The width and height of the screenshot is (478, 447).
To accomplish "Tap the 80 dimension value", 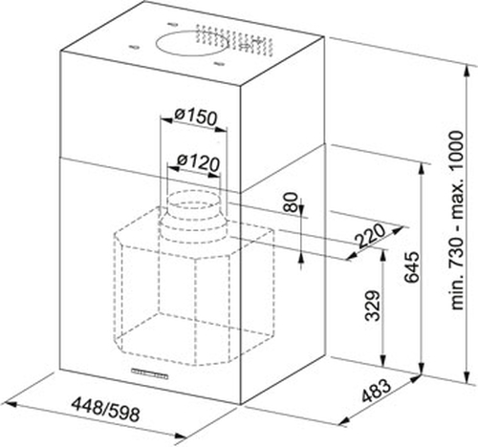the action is [x=290, y=202].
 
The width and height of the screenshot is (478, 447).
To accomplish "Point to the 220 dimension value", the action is [x=371, y=236].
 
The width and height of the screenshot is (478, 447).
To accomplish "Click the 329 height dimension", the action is [x=373, y=306].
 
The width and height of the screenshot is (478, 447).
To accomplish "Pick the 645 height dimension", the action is [x=411, y=267].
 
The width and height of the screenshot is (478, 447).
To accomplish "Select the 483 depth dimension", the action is [x=377, y=391].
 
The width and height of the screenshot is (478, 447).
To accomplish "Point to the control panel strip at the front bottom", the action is [x=149, y=373].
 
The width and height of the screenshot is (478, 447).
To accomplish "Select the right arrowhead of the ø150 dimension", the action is [x=222, y=130].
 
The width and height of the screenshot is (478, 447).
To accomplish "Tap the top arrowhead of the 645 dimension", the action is [x=422, y=168].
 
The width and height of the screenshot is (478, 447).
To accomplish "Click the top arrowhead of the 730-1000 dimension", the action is [x=467, y=70].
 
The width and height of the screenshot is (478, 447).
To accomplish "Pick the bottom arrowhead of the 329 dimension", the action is [x=383, y=360].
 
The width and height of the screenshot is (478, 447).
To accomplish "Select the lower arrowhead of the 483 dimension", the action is [x=342, y=422].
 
